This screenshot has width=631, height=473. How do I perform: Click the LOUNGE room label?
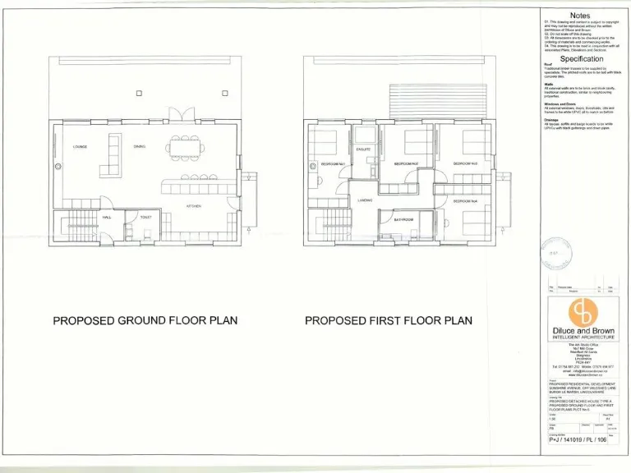click(80, 147)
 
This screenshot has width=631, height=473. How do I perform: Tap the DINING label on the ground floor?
click(140, 147)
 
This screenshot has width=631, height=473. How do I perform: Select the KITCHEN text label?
click(194, 205)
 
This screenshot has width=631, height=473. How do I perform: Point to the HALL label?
click(106, 218)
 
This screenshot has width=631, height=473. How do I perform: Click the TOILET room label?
click(145, 218)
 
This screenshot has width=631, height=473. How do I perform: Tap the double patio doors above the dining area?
click(175, 114)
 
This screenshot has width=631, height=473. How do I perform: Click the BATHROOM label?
click(403, 219)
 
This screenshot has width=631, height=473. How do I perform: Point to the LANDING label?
click(365, 200)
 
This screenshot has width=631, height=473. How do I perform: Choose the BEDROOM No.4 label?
click(465, 201)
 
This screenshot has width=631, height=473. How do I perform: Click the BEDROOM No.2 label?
click(406, 164)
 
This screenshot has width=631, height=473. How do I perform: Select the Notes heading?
click(580, 16)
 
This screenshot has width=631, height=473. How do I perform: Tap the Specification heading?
click(581, 59)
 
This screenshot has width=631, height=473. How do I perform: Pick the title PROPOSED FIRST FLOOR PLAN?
click(389, 320)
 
